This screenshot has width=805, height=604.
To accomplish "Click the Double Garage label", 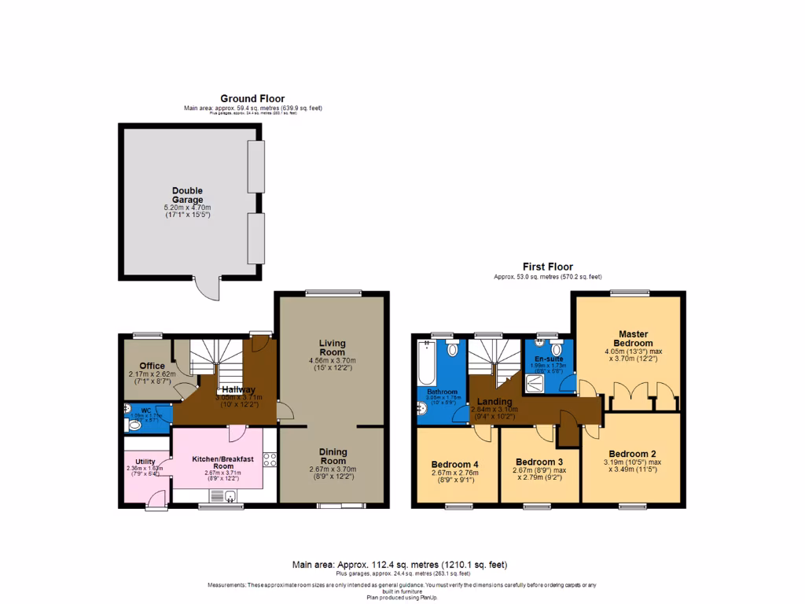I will pos(188,195).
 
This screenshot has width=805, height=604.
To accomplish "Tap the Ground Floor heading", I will pos(252,98).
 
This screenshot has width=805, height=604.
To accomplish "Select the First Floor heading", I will pos(548,267).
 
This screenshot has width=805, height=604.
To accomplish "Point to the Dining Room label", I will pos(333,457).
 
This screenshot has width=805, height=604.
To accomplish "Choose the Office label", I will pos(152,366).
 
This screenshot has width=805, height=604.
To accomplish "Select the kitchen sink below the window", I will pos(231,495).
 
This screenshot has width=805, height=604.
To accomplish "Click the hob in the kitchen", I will pos(270,460).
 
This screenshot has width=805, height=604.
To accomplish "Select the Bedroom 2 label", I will pos(631,454).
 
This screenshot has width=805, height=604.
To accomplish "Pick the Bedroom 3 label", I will pos(539,462).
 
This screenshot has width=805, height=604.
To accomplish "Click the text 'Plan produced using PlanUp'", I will pos(402,598).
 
